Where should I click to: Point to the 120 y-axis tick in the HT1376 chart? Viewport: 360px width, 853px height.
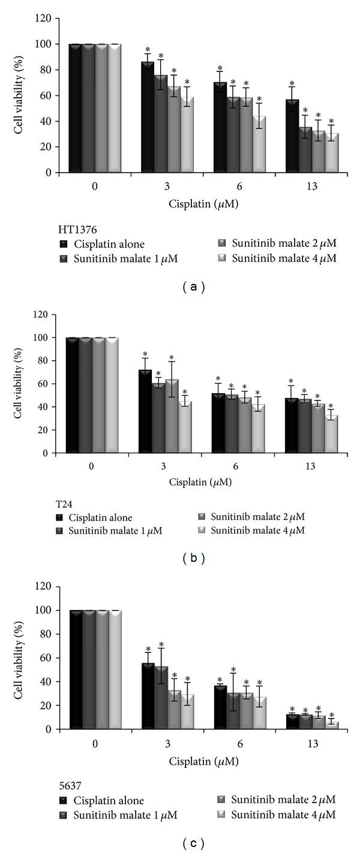[52, 19]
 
